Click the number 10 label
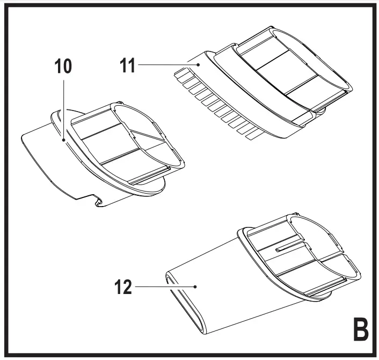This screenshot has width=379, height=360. (x=63, y=66)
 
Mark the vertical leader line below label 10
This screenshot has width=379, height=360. (x=64, y=107)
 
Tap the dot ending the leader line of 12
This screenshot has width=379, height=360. (x=197, y=287)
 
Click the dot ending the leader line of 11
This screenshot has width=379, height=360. (x=199, y=64)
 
